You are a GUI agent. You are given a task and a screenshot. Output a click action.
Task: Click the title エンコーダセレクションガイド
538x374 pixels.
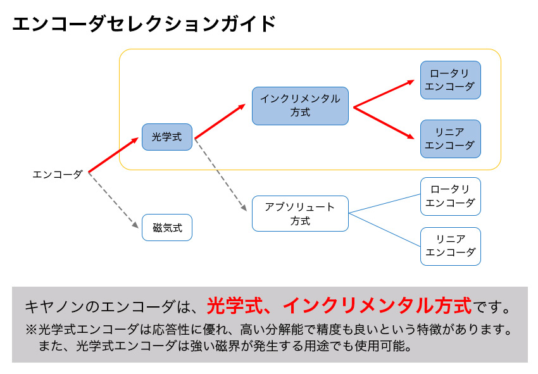coord(144,24)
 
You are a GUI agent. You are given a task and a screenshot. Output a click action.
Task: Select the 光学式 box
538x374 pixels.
coord(167,137)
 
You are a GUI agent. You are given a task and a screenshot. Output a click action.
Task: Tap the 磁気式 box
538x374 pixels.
coord(167,227)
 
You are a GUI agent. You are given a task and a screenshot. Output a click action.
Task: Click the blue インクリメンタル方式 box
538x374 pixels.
coord(300,106)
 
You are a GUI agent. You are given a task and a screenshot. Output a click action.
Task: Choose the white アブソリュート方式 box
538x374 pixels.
coord(300,213)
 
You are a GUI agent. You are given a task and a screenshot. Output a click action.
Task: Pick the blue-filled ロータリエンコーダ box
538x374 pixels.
coord(450,80)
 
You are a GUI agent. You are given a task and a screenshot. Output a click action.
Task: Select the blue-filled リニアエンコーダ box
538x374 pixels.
coord(450,139)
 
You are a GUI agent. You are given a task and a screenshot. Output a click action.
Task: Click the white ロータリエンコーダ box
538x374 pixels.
coord(450,196)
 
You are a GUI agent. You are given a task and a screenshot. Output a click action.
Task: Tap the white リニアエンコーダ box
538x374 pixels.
coord(450,246)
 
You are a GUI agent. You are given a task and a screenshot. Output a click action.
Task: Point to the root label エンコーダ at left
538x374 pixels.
coord(58,174)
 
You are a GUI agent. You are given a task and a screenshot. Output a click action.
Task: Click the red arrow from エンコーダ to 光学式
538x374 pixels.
coord(114,155)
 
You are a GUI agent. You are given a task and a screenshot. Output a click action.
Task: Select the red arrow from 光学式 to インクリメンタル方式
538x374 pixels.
coord(220,122)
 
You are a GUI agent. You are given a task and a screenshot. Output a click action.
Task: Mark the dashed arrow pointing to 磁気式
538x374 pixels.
coord(114,199)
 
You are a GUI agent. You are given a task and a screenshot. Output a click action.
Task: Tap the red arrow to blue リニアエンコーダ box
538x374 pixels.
coord(386,123)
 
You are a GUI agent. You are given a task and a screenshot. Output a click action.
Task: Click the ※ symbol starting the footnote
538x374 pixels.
coord(32,330)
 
